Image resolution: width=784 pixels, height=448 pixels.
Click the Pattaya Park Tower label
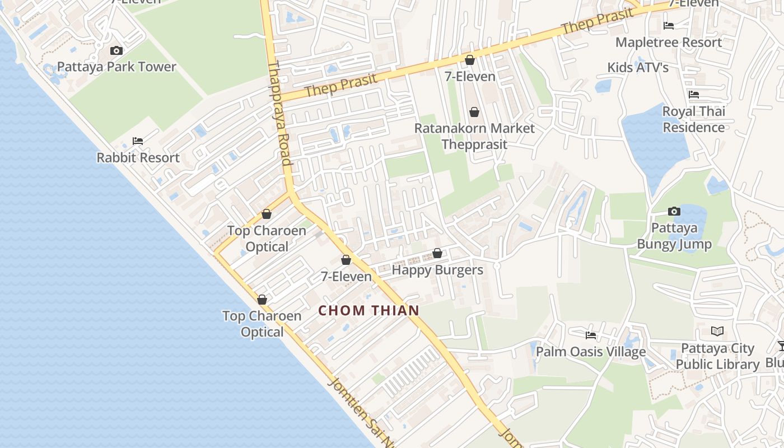pyautogui.click(x=116, y=67)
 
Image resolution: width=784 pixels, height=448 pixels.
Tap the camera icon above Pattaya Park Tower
pyautogui.click(x=116, y=51)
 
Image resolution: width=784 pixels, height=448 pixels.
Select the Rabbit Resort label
pyautogui.click(x=138, y=158)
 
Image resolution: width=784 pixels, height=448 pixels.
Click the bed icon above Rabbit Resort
pyautogui.click(x=138, y=141)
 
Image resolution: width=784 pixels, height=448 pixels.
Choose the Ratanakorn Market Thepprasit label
pyautogui.click(x=474, y=136)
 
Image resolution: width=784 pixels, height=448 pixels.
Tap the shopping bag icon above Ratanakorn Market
pyautogui.click(x=474, y=113)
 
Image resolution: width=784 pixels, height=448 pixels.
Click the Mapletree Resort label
pyautogui.click(x=669, y=43)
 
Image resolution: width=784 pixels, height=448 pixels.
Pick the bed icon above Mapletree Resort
pyautogui.click(x=669, y=26)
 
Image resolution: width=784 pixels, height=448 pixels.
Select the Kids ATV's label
pyautogui.click(x=638, y=68)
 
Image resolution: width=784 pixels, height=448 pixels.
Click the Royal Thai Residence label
pyautogui.click(x=694, y=119)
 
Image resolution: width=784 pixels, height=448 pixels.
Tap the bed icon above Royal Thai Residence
pyautogui.click(x=694, y=95)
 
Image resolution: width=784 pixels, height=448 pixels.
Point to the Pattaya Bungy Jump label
pyautogui.click(x=674, y=236)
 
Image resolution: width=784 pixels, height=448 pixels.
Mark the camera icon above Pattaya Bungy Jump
pyautogui.click(x=674, y=212)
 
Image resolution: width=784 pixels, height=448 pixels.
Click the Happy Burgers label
pyautogui.click(x=437, y=270)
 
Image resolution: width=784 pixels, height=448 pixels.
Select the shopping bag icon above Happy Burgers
pyautogui.click(x=437, y=254)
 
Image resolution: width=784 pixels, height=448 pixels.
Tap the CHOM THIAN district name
pyautogui.click(x=369, y=310)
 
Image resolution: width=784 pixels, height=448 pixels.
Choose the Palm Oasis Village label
pyautogui.click(x=591, y=352)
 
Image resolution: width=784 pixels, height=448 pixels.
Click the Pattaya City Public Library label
pyautogui.click(x=717, y=356)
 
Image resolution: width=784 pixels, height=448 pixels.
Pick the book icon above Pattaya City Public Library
pyautogui.click(x=717, y=332)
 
